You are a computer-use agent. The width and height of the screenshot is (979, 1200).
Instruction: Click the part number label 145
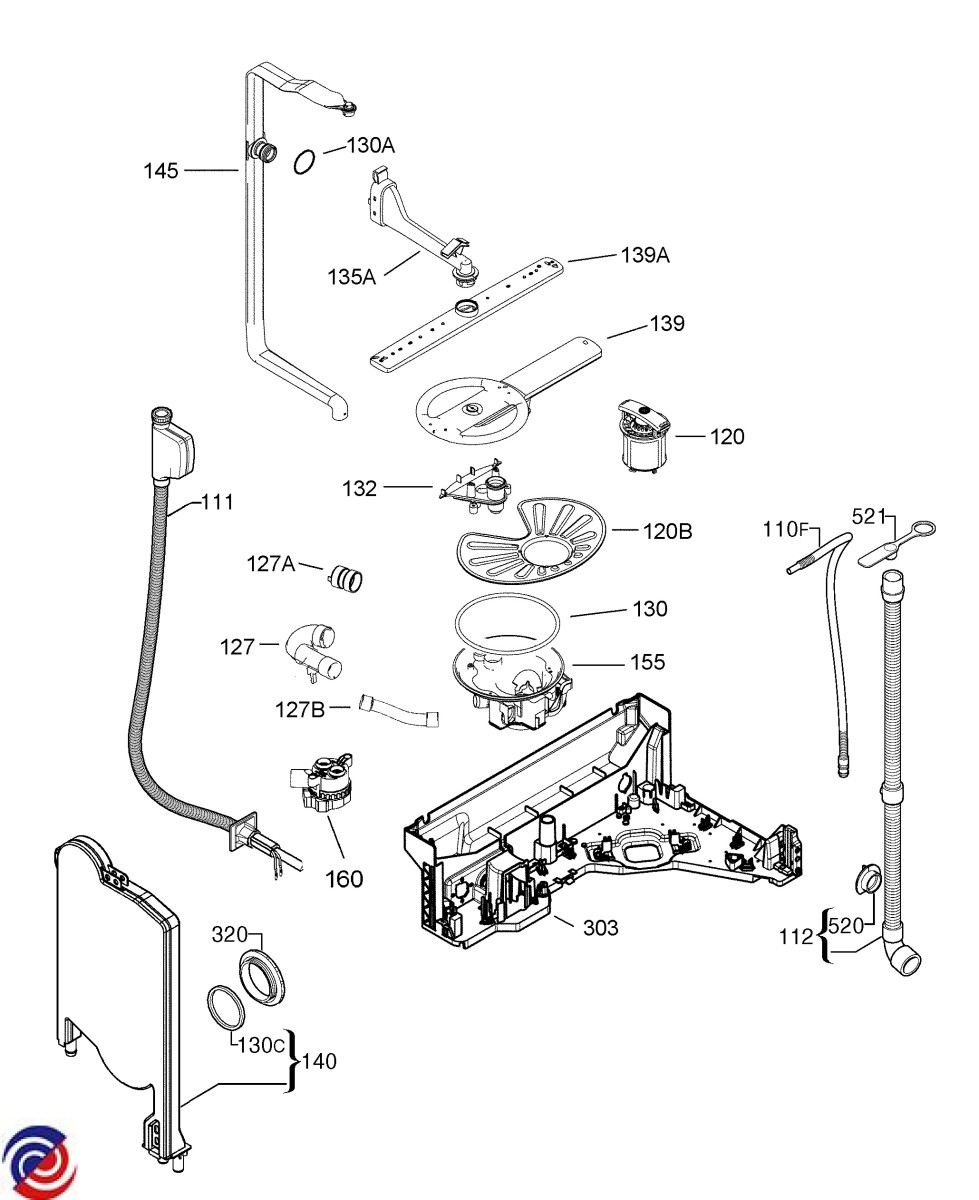[160, 171]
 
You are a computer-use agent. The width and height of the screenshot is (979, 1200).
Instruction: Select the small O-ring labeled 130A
[306, 161]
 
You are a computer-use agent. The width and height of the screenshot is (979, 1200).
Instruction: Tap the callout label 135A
[352, 276]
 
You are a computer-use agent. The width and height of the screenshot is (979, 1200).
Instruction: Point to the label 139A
[646, 255]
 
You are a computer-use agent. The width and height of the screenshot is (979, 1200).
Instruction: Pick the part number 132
[359, 488]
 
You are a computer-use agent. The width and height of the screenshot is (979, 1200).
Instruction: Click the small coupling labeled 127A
[347, 576]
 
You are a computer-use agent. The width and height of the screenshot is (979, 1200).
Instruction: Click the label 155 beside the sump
[647, 662]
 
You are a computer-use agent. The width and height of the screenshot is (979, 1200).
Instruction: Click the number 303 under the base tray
[600, 928]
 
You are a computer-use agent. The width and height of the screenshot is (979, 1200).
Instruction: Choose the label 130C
[261, 1045]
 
